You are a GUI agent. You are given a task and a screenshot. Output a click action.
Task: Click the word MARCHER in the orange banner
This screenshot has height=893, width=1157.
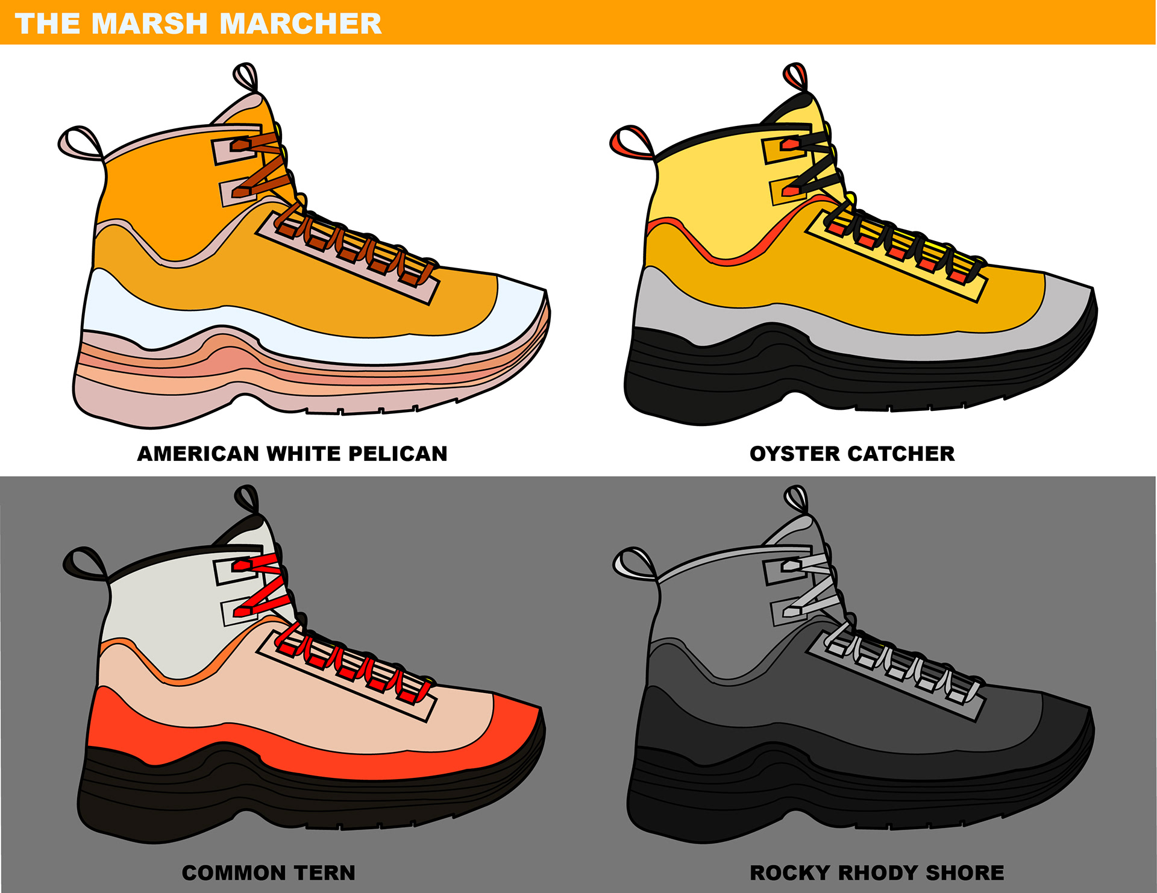(x=300, y=23)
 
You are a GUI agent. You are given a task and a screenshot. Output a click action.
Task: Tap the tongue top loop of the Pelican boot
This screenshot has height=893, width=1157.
(x=245, y=76)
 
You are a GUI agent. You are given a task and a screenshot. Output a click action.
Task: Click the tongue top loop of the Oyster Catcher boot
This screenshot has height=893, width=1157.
(x=795, y=76)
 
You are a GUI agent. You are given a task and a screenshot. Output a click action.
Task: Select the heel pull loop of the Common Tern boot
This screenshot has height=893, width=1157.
(x=83, y=563)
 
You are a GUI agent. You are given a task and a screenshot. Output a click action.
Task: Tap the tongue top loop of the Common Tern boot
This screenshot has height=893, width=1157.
(x=246, y=499)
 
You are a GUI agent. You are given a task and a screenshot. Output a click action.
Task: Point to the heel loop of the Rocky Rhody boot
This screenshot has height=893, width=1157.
(x=633, y=563)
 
